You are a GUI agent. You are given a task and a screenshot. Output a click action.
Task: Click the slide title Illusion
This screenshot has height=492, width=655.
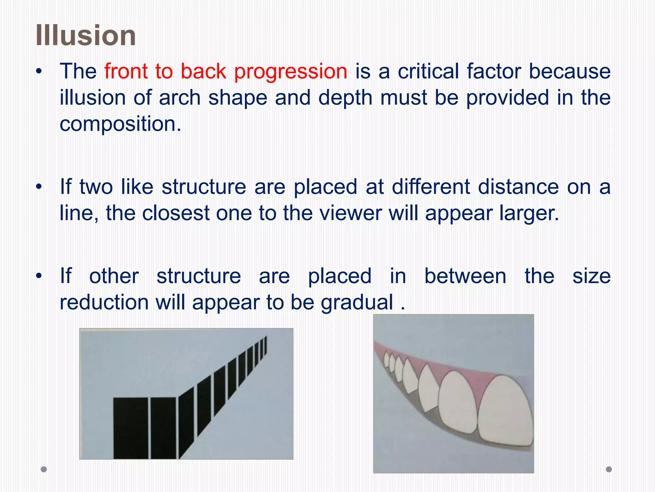86,35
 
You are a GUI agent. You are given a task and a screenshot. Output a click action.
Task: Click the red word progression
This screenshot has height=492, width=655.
290,71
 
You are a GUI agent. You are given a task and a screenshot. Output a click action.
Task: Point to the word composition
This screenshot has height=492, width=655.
120,125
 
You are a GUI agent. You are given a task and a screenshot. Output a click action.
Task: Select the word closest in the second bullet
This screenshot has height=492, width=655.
176,213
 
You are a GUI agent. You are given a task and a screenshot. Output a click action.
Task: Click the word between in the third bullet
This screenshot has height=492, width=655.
465,276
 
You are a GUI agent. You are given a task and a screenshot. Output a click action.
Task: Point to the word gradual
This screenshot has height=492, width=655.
357,303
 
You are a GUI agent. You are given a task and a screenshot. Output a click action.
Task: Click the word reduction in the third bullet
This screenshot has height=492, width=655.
104,303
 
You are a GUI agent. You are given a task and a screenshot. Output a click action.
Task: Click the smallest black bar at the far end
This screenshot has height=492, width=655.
266,345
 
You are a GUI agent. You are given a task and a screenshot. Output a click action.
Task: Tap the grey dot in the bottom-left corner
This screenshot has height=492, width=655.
44,469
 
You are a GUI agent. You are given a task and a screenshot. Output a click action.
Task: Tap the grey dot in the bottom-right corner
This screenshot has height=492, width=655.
609,469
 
